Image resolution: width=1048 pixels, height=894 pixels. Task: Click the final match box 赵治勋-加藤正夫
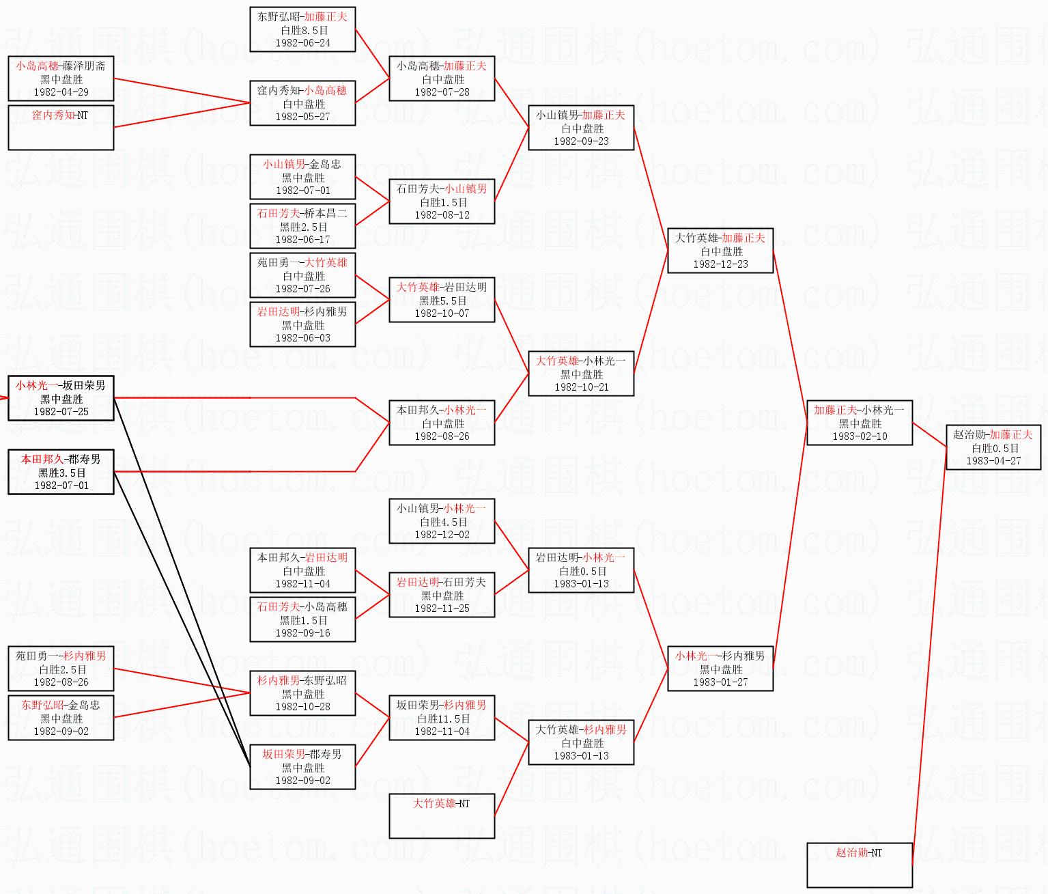coord(993,447)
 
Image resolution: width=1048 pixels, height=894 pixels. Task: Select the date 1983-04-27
coord(993,461)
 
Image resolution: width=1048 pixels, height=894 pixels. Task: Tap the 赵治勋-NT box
coord(859,865)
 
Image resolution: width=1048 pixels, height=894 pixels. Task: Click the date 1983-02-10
coord(859,436)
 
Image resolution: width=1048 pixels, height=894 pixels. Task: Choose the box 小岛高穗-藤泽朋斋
coord(61,79)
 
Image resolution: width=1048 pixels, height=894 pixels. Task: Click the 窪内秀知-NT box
coord(61,127)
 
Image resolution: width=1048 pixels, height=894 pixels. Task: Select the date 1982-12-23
coord(720,264)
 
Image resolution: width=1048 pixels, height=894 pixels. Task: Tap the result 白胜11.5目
coord(442,718)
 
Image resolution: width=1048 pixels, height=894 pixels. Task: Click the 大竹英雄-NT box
coord(442,815)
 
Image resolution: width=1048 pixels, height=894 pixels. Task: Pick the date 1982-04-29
coord(61,92)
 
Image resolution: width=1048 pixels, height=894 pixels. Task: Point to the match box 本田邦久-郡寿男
coord(61,471)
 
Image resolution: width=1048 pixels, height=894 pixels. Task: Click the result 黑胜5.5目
coord(442,301)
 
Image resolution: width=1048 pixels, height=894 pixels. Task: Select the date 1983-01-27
coord(720,682)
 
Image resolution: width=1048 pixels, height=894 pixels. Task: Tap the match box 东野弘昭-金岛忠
coord(61,717)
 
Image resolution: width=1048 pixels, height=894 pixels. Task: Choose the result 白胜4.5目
coord(442,522)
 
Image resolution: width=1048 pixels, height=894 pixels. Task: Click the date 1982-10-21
coord(581,387)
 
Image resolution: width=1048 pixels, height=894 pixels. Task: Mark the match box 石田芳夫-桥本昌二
coord(302,225)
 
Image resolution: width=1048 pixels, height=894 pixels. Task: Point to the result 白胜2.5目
coord(61,669)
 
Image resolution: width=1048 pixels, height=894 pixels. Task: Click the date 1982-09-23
coord(581,141)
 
